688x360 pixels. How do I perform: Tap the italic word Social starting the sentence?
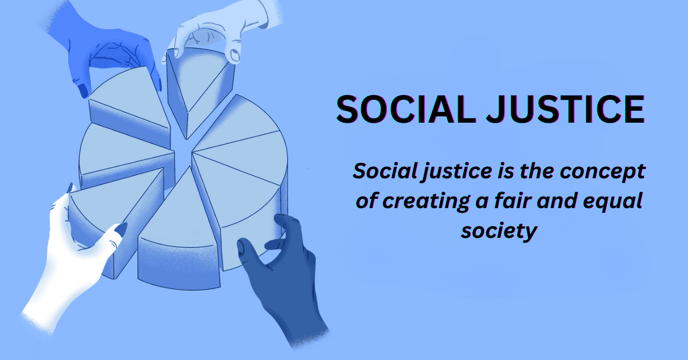point(379,171)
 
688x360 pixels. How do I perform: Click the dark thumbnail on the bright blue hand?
point(83,89)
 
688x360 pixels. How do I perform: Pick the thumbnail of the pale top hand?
point(234,55)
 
